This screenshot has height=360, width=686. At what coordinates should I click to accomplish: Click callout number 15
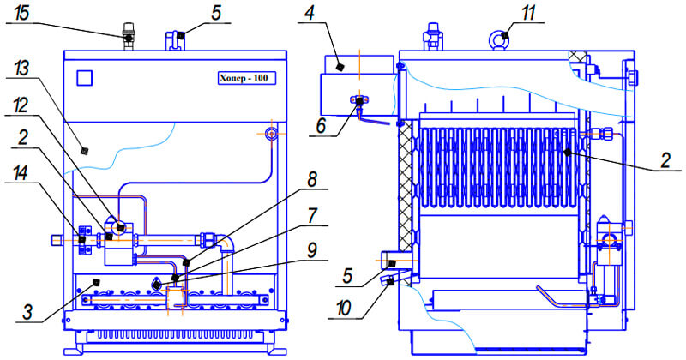click(21, 13)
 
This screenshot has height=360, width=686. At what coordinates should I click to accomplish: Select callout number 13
click(21, 69)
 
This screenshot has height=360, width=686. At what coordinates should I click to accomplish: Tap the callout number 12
click(21, 105)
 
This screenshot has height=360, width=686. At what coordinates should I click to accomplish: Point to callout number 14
click(20, 173)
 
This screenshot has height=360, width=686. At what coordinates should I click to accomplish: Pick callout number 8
click(312, 180)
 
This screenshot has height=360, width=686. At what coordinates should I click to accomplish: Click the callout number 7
click(312, 216)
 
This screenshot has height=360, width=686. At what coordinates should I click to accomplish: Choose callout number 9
click(311, 250)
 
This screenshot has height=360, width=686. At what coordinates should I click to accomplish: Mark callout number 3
click(27, 313)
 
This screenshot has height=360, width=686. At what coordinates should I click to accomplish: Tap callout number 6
click(321, 126)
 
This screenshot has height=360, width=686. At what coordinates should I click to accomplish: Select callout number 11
click(528, 13)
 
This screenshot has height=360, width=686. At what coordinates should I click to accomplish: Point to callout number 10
click(344, 309)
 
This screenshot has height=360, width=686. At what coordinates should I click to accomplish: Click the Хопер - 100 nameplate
click(247, 78)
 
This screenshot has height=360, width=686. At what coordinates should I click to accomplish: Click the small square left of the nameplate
click(84, 78)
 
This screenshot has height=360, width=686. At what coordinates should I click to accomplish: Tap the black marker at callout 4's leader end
click(339, 67)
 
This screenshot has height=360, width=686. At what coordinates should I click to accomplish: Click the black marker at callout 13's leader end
click(85, 151)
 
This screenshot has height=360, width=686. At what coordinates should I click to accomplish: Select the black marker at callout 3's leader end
click(96, 281)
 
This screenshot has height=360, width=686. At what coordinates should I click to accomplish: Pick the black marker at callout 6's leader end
click(359, 101)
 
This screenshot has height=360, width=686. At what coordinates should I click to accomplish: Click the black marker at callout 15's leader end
click(129, 39)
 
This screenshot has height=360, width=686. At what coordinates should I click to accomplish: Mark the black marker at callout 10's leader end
click(390, 283)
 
